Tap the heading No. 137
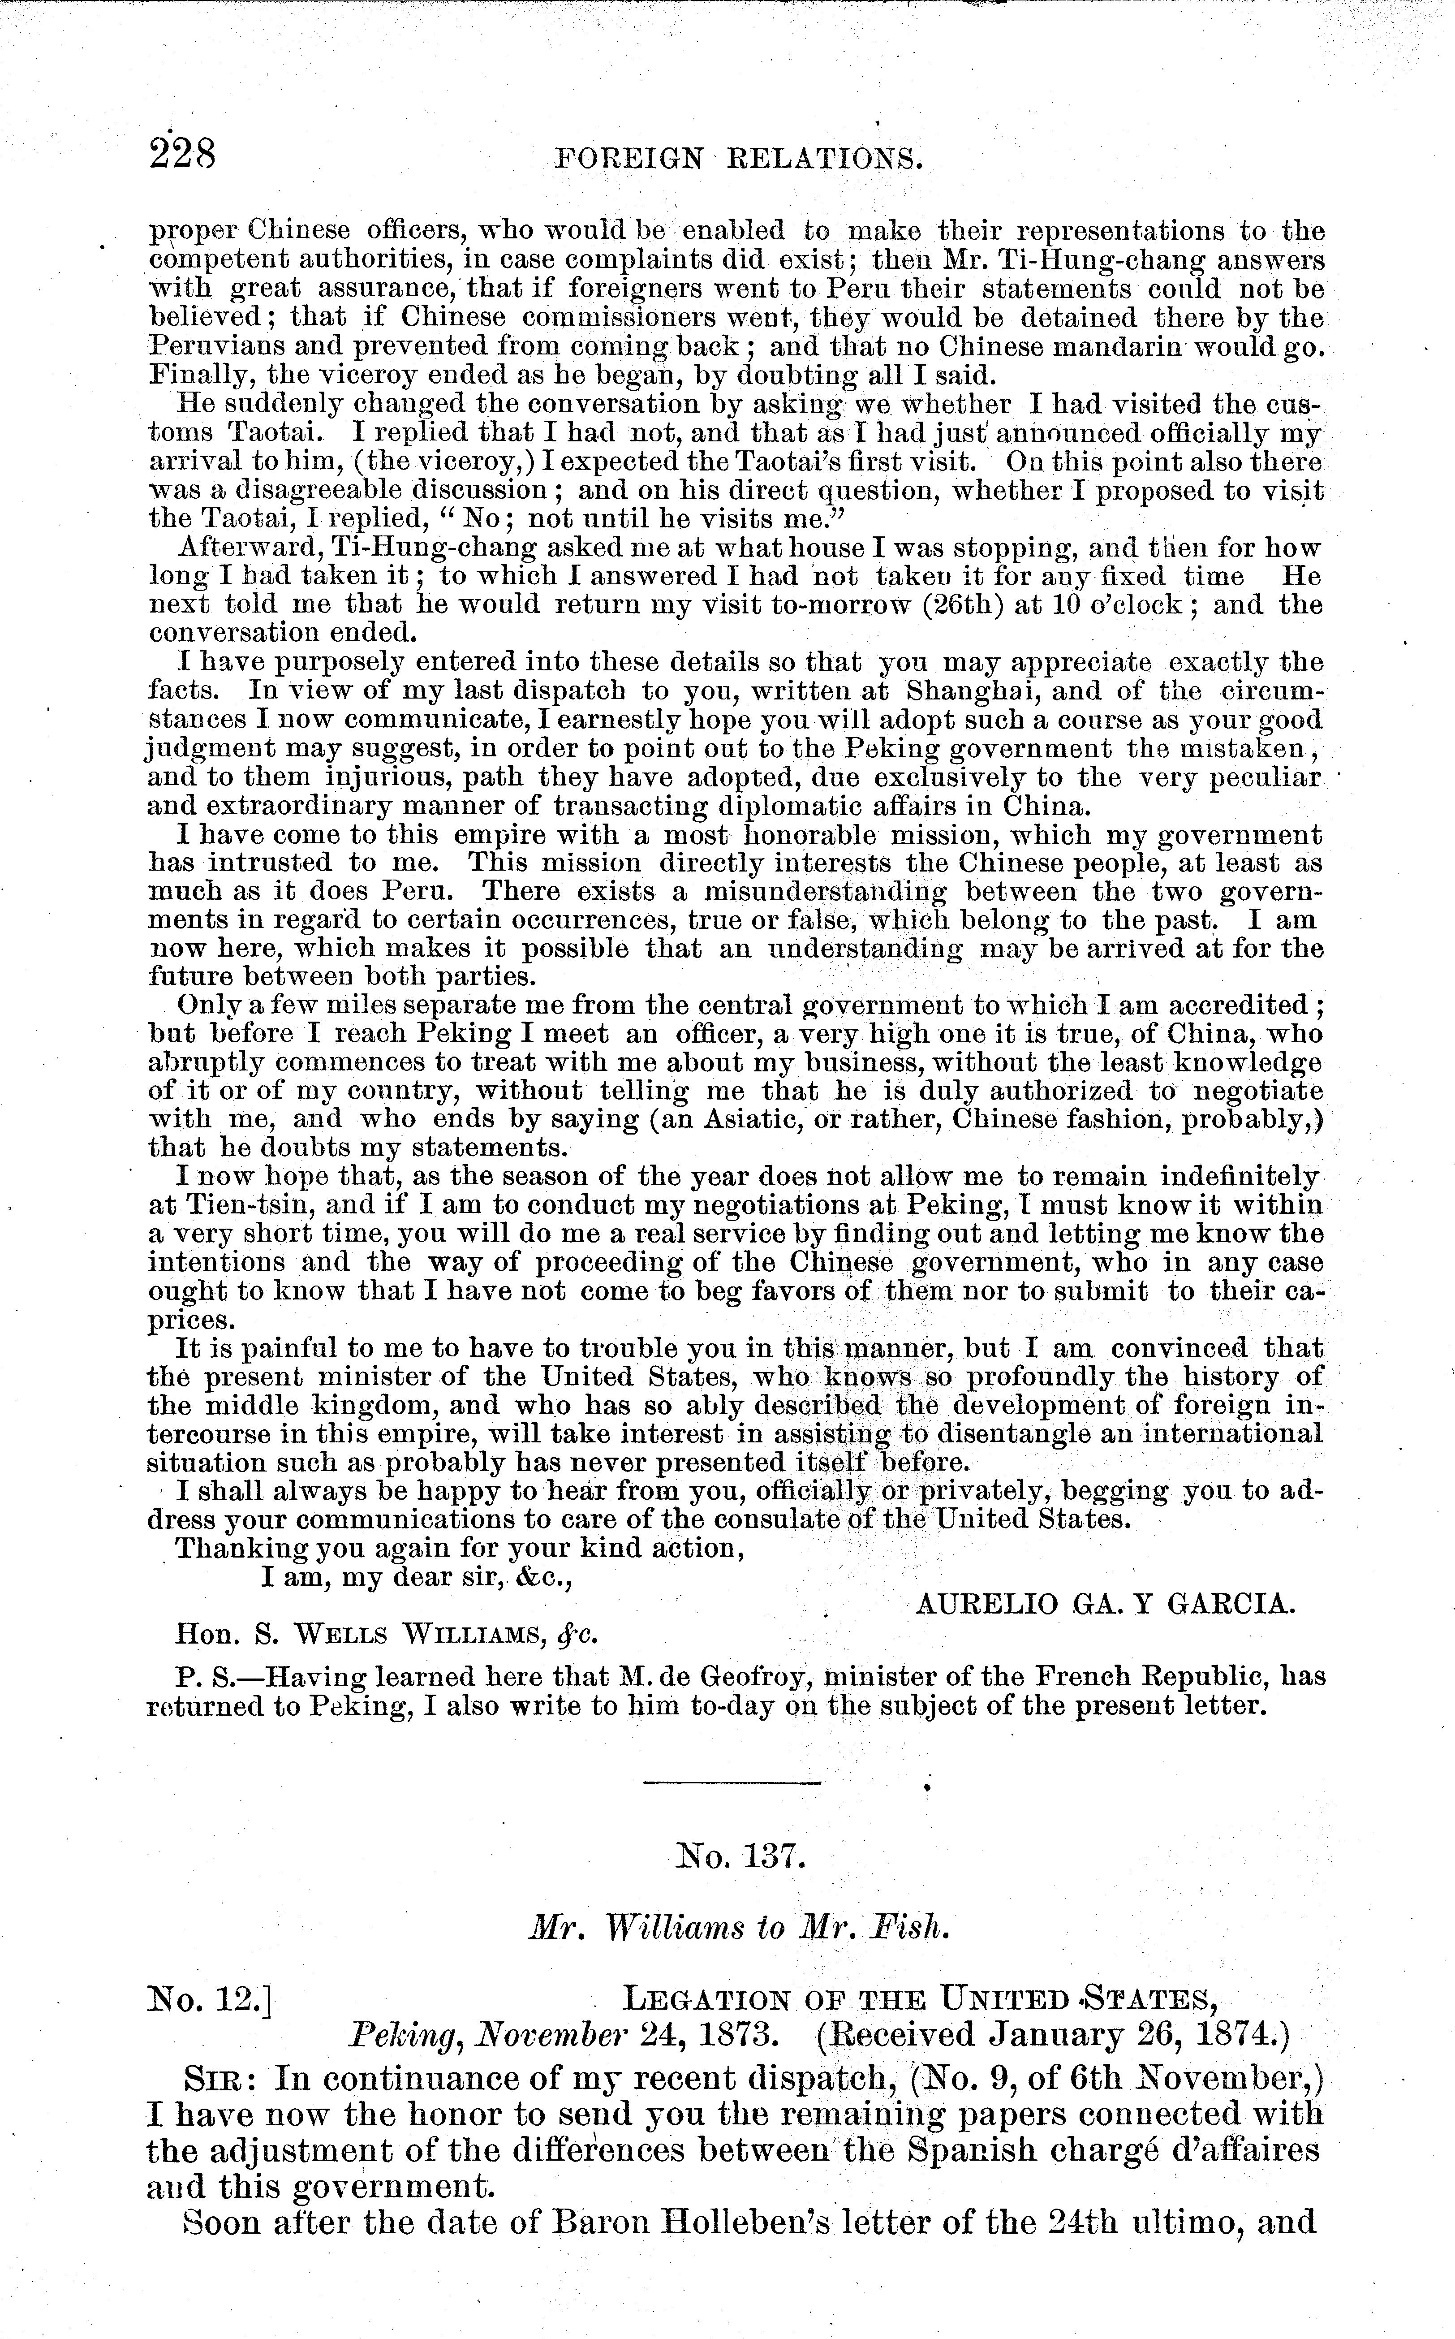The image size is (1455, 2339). (x=740, y=1855)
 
